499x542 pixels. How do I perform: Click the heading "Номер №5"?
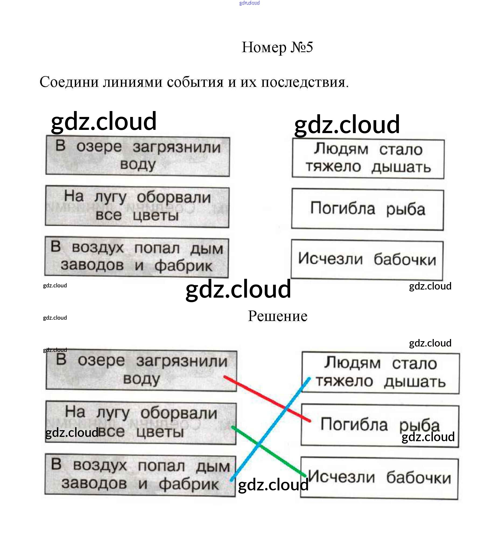277,48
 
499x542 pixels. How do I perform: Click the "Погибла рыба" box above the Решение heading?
367,209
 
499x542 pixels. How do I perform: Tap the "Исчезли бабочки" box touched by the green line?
379,478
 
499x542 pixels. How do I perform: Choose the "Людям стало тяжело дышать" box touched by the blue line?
381,373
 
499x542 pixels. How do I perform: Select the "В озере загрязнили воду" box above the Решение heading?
138,156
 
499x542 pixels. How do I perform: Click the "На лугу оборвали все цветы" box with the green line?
140,423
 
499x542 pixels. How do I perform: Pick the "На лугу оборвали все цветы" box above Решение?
137,206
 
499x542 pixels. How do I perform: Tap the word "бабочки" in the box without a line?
405,260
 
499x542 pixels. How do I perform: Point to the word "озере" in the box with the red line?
101,361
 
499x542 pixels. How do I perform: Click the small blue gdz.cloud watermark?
249,3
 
